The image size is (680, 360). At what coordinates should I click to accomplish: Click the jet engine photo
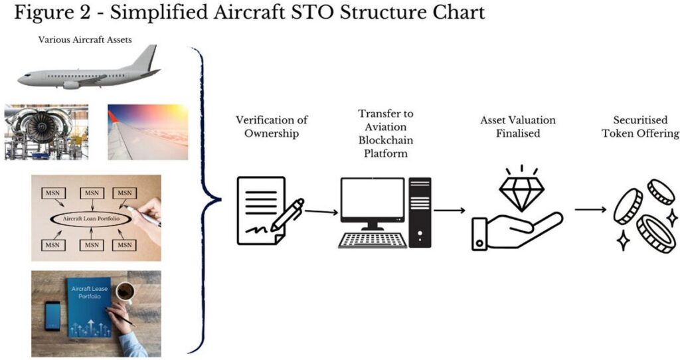click(46, 132)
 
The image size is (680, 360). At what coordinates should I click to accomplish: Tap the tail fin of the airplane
click(145, 58)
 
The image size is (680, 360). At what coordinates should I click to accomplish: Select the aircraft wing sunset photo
click(148, 132)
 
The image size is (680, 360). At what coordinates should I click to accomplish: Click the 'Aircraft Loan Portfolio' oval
click(91, 219)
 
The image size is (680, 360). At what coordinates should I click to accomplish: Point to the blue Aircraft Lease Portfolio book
click(88, 308)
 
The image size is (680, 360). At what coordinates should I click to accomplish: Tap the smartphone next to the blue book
click(53, 315)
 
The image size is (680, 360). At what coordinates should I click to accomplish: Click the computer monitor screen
click(373, 199)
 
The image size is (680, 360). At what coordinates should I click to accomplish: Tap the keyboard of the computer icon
click(373, 240)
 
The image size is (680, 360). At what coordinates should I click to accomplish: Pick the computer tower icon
click(420, 213)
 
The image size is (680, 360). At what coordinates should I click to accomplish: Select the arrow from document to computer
click(321, 212)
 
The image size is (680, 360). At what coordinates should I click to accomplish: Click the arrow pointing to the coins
click(590, 210)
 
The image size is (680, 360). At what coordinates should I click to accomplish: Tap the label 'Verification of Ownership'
click(272, 127)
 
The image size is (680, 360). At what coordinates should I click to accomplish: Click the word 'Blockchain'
click(386, 140)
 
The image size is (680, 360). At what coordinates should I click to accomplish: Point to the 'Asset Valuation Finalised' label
click(518, 127)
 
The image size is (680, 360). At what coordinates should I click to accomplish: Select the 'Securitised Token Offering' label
click(641, 127)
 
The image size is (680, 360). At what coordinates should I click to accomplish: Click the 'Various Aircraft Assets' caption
click(85, 40)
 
